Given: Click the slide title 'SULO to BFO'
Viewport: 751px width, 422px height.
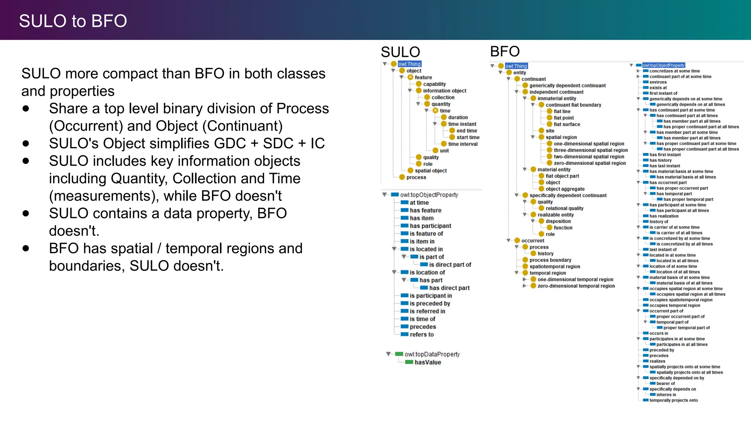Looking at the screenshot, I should click(73, 21).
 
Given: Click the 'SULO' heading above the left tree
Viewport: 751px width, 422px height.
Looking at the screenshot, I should click(400, 52).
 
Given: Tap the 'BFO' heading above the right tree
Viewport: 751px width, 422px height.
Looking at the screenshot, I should click(505, 51).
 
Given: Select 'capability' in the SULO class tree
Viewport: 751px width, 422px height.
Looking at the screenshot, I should click(434, 84).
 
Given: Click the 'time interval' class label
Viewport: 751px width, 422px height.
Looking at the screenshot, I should click(462, 144).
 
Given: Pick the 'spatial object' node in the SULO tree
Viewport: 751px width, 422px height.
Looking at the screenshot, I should click(431, 171).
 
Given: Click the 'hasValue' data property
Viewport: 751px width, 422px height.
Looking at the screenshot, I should click(428, 362).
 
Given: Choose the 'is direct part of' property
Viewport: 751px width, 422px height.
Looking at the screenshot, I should click(450, 264).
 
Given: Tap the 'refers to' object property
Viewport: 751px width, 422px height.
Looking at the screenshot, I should click(421, 334).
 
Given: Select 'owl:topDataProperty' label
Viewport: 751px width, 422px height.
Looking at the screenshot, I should click(432, 354).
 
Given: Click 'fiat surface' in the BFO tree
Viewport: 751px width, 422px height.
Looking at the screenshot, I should click(567, 124).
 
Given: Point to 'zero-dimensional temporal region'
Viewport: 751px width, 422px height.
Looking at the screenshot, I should click(576, 286).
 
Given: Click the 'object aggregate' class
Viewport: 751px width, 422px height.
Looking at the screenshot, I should click(565, 189).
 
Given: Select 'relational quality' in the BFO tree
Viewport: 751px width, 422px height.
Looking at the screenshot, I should click(564, 208).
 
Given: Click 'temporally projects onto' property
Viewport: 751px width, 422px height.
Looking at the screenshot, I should click(673, 400).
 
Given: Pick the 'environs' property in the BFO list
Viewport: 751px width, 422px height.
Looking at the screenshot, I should click(658, 82).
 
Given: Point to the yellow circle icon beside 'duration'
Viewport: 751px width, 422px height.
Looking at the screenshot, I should click(444, 117).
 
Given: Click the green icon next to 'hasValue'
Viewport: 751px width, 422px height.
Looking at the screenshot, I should click(409, 362).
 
